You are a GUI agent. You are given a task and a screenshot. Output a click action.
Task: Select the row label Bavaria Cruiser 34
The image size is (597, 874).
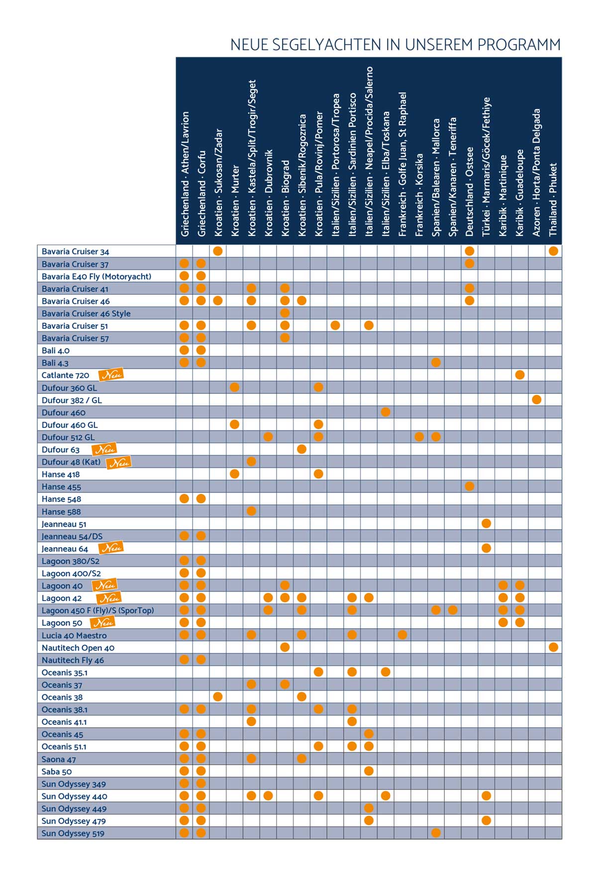[75, 252]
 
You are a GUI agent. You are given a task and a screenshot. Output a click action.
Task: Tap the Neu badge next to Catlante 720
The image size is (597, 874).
[110, 375]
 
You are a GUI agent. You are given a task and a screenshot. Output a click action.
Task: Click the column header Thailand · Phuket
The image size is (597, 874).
[553, 199]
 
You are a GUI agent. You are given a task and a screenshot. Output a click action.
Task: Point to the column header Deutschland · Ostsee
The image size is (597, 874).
[470, 192]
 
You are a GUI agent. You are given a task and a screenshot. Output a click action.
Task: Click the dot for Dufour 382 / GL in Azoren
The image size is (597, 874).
[536, 399]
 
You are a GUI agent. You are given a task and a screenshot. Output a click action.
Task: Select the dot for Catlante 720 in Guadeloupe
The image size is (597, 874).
[520, 375]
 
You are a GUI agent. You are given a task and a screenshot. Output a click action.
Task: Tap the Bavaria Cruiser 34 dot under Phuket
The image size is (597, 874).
[553, 251]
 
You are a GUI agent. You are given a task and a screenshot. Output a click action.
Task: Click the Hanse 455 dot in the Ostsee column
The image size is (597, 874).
[470, 486]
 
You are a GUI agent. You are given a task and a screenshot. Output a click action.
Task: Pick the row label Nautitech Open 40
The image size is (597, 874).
[78, 648]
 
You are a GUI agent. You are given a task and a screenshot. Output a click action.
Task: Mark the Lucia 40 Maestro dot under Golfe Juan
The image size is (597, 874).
[402, 635]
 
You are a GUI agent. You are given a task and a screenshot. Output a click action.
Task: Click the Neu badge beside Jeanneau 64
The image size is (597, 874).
[110, 548]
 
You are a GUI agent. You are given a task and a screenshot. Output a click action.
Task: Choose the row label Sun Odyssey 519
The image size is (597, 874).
[73, 833]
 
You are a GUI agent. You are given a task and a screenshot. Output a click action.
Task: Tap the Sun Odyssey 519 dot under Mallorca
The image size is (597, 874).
[436, 833]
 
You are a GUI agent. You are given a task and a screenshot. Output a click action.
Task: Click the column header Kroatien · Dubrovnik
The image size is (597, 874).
[269, 193]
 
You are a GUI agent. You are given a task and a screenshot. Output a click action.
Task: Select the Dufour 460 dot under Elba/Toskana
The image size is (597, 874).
[386, 412]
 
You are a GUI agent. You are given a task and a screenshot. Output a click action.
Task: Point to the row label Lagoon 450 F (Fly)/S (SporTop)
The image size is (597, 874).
[98, 610]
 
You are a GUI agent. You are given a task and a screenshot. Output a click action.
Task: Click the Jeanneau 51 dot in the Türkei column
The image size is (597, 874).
[487, 523]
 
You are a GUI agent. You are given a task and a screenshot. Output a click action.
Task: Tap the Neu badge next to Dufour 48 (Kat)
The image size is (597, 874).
[118, 462]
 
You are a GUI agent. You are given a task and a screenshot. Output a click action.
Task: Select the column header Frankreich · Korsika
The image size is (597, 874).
[419, 194]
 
